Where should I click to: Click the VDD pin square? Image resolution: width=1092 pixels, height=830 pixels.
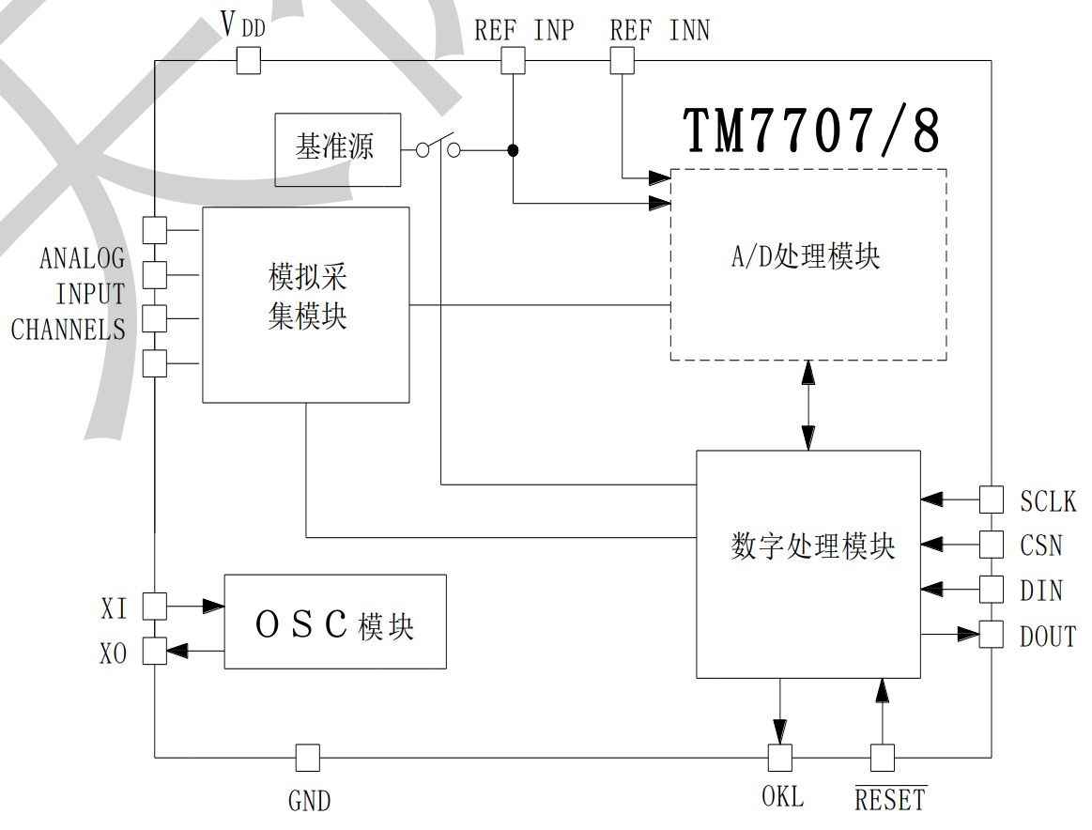(x=248, y=62)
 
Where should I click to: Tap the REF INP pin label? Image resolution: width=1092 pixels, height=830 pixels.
(x=523, y=30)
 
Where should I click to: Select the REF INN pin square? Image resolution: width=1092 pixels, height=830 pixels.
(x=623, y=62)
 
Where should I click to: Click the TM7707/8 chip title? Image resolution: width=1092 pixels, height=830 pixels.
(x=811, y=130)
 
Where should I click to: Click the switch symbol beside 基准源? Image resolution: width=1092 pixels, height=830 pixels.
(x=438, y=148)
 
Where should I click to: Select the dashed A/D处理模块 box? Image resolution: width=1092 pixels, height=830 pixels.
(x=807, y=264)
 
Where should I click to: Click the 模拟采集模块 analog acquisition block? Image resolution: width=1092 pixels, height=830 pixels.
(x=306, y=304)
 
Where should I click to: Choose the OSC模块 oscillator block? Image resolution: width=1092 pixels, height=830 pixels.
(x=334, y=622)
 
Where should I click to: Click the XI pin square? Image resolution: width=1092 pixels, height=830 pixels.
(x=154, y=607)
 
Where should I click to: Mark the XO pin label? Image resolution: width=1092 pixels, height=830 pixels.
(x=114, y=653)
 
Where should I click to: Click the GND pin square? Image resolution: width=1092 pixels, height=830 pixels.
(x=307, y=757)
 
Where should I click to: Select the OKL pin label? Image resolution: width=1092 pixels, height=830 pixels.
(x=782, y=797)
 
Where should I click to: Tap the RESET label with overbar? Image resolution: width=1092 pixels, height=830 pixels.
(x=889, y=800)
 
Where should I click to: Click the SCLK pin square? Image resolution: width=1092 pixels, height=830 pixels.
(x=992, y=500)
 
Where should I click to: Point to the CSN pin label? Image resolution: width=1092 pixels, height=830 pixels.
(x=1041, y=545)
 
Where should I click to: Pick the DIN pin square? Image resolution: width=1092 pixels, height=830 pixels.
(x=992, y=589)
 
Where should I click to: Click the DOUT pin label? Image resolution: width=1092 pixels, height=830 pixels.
(x=1047, y=636)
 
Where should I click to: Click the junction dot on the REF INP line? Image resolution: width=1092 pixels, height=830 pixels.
(x=513, y=150)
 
